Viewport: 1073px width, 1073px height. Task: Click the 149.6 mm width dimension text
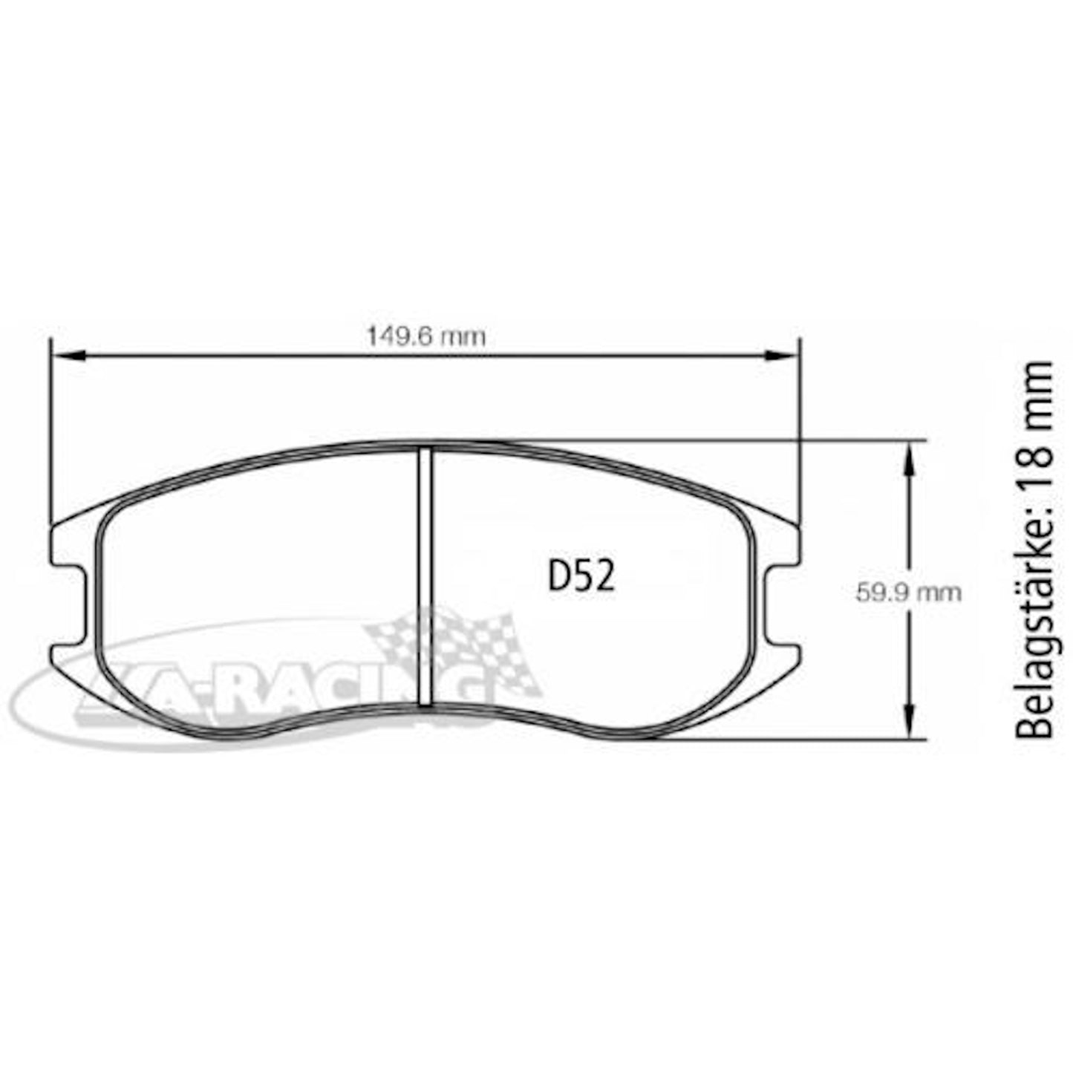[x=426, y=337]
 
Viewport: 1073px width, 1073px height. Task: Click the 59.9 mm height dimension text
[x=907, y=593]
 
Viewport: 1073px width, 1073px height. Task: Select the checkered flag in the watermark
[x=453, y=646]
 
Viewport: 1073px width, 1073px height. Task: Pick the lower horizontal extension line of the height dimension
[x=817, y=740]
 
